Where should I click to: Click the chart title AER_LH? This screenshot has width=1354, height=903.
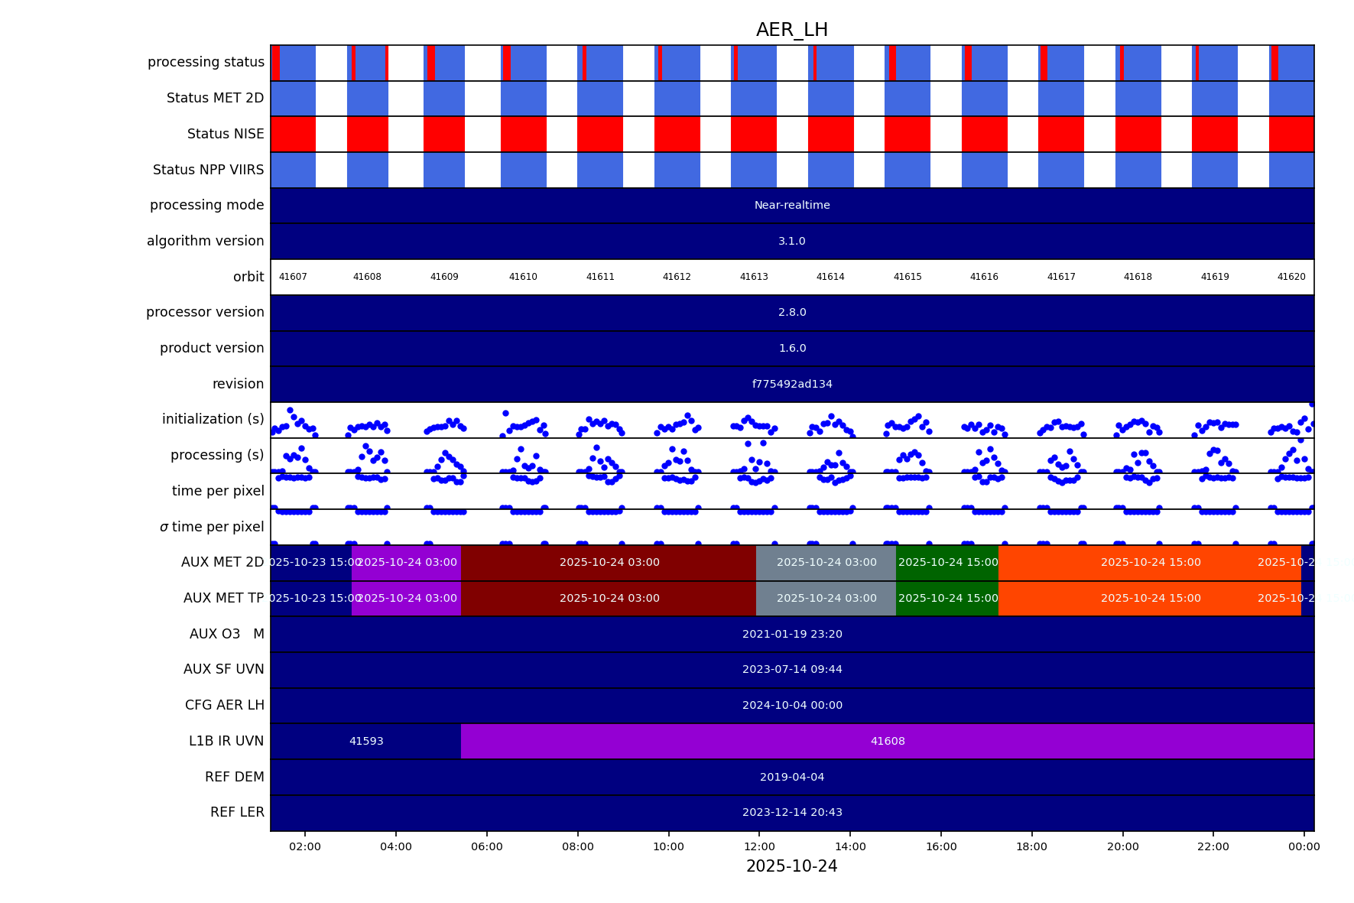[791, 30]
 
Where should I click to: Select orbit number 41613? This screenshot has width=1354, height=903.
[754, 277]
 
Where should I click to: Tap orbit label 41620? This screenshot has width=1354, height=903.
[1291, 277]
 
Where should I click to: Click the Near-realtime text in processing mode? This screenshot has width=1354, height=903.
[791, 206]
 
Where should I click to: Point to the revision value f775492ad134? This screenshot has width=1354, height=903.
[791, 384]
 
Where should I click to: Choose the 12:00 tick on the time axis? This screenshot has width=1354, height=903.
[759, 846]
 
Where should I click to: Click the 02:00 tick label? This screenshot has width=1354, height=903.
[305, 846]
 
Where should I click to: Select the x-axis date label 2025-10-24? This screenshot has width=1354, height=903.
[791, 866]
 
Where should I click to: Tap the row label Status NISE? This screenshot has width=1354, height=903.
[226, 134]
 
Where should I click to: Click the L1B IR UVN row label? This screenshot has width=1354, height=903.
[226, 741]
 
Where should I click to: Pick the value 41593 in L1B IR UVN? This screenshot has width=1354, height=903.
[366, 741]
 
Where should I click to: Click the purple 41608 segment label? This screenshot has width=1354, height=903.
[887, 741]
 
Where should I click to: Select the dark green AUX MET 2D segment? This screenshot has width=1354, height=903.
[947, 563]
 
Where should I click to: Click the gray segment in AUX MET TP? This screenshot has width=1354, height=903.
[826, 599]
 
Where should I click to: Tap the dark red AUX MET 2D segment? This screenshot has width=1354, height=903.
[609, 563]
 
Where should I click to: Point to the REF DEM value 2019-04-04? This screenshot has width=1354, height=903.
[791, 777]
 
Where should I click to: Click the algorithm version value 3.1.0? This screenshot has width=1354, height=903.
[791, 241]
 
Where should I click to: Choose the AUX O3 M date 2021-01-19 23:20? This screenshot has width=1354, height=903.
[791, 634]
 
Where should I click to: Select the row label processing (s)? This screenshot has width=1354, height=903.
[217, 455]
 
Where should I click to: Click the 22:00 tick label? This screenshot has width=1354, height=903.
[1213, 846]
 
